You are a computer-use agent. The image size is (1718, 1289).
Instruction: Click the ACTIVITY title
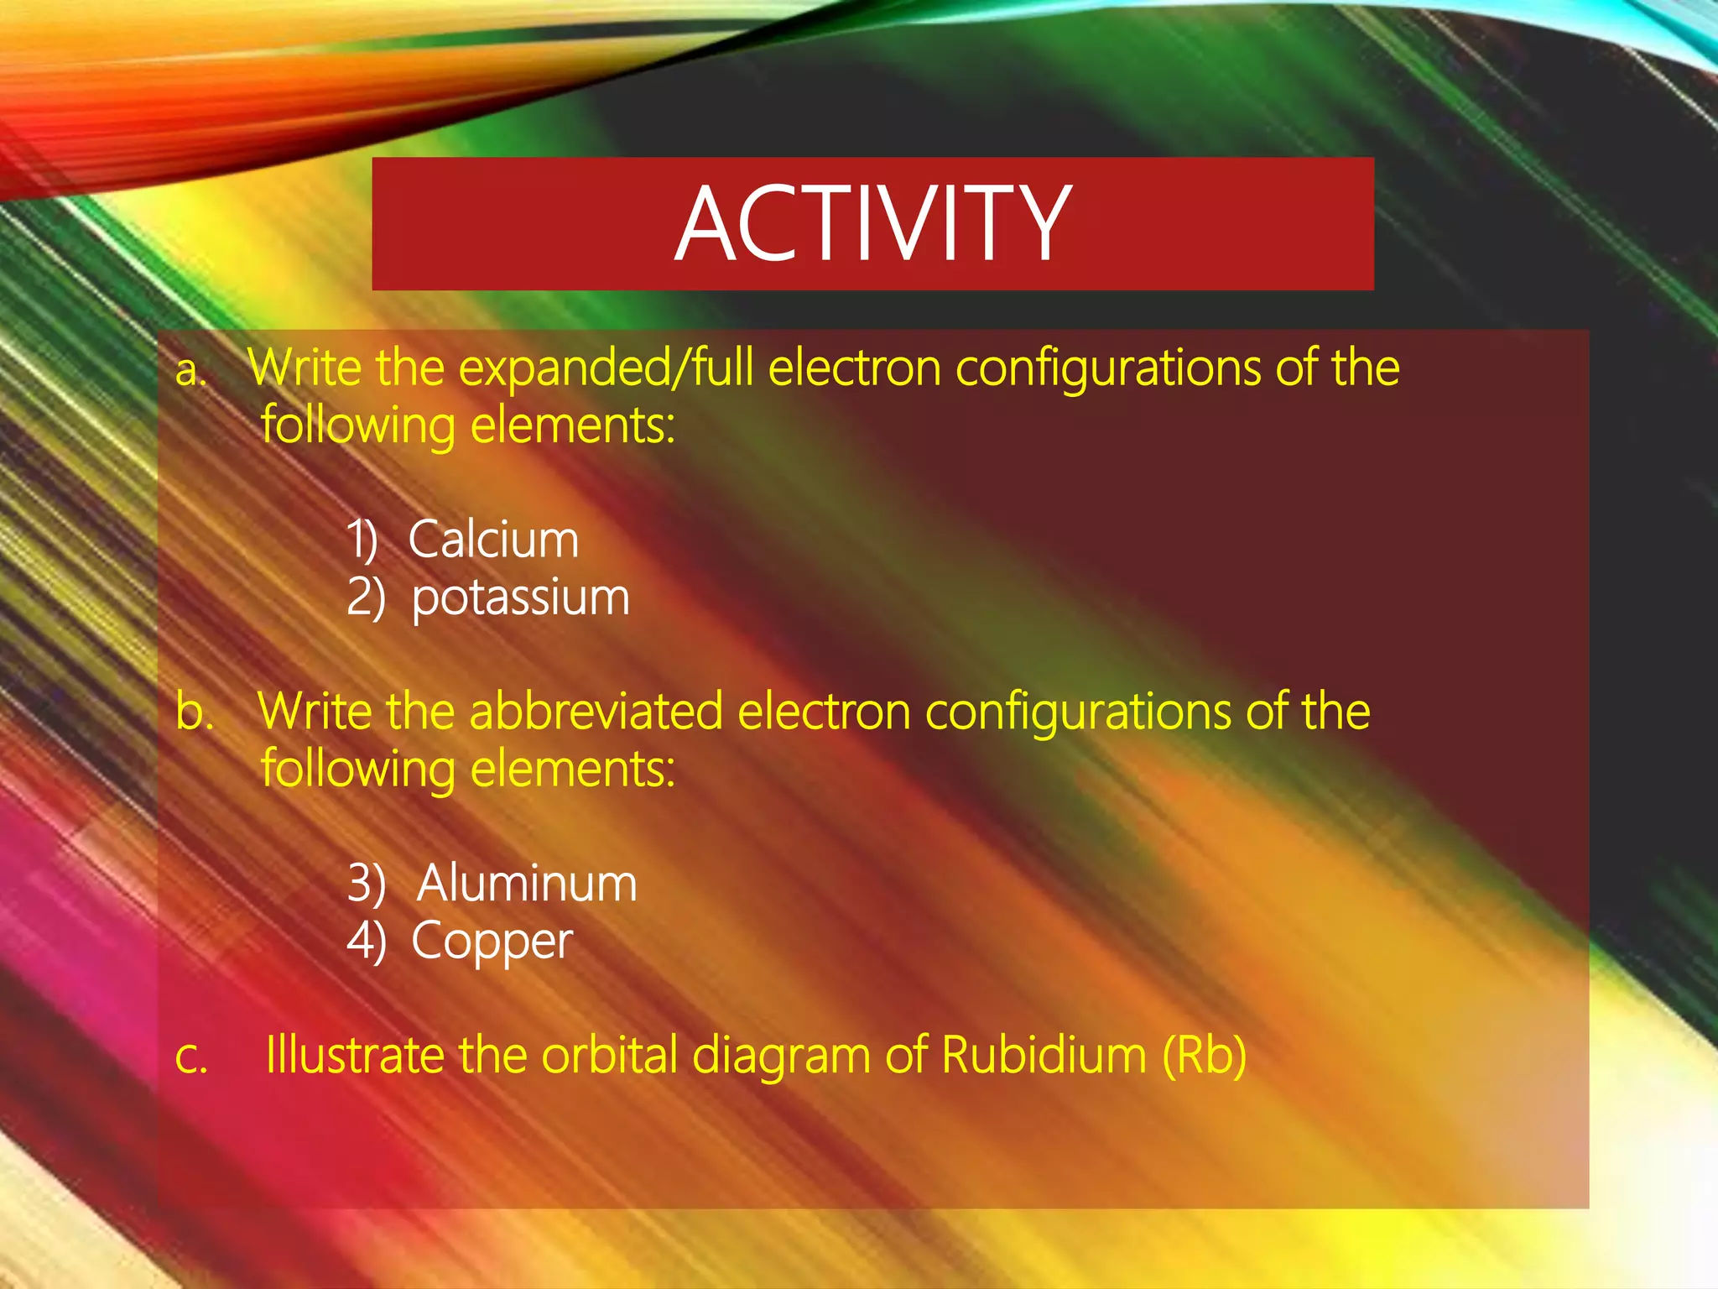point(872,224)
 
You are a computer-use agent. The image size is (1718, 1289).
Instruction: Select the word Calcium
point(493,539)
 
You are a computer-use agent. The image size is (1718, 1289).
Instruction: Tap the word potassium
point(520,598)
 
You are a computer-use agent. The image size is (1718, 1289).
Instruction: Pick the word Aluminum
point(527,884)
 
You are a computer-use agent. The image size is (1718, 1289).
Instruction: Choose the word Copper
point(492,942)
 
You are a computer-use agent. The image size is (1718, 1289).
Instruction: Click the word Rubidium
point(1044,1055)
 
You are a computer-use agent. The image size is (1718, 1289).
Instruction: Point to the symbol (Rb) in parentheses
point(1204,1055)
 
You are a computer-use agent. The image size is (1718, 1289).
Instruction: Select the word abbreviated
point(596,712)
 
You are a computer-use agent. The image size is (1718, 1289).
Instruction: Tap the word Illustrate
point(354,1055)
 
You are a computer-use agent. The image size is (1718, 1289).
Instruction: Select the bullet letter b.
point(194,712)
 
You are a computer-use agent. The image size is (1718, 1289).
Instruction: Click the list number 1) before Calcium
point(362,539)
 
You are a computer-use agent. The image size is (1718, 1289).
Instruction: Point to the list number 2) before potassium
point(366,598)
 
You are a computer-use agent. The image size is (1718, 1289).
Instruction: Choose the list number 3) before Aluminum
point(366,884)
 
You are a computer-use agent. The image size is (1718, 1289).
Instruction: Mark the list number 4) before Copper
point(366,942)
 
